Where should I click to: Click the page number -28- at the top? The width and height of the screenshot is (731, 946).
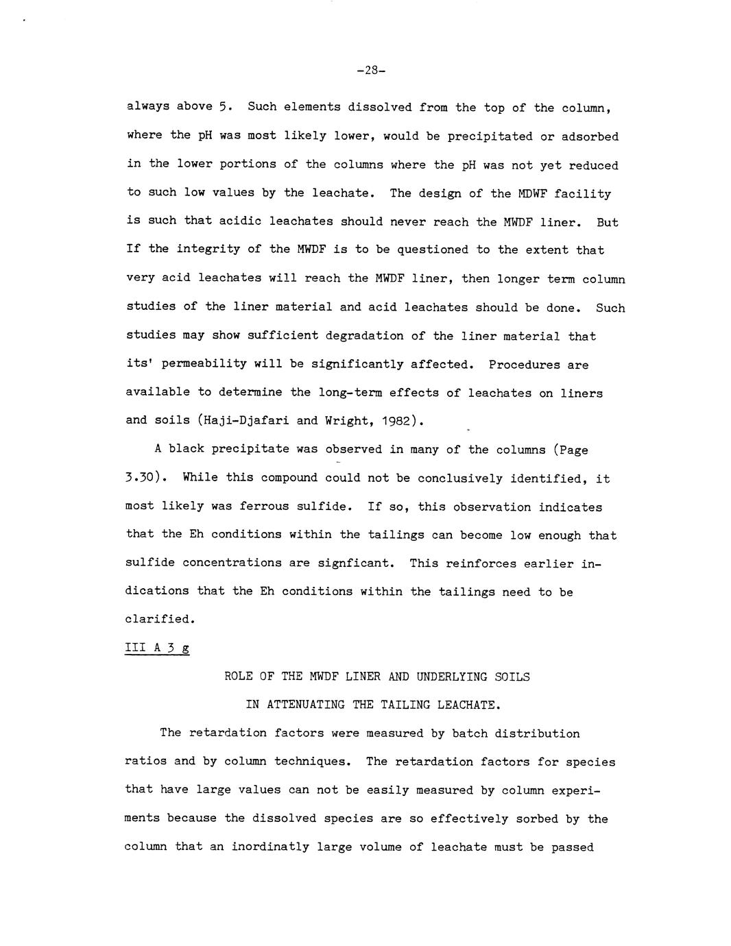pyautogui.click(x=366, y=70)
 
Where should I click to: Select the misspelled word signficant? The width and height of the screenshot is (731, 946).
pyautogui.click(x=356, y=563)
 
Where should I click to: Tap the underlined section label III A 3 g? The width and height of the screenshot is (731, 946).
pyautogui.click(x=157, y=648)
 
